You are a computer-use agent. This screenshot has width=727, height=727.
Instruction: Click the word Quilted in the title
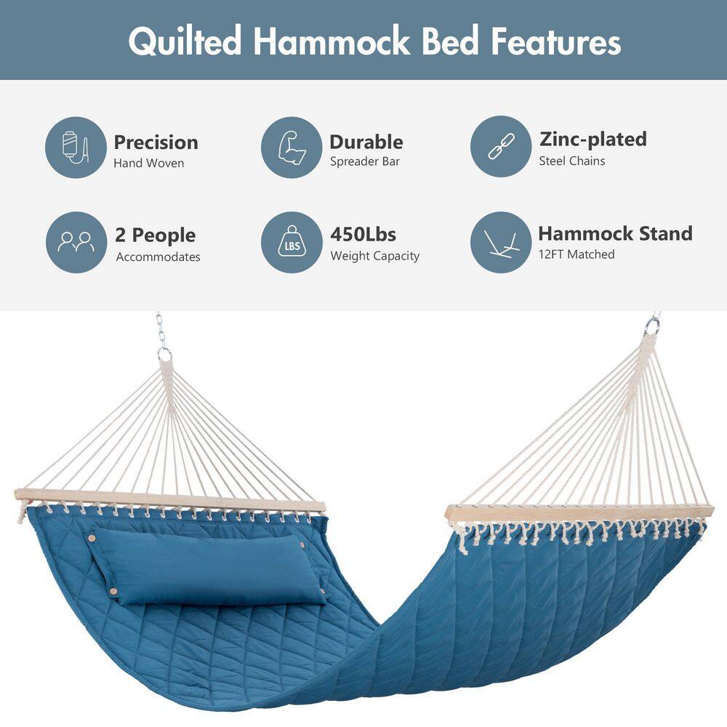[185, 41]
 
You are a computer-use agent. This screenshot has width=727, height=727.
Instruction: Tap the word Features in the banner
[556, 41]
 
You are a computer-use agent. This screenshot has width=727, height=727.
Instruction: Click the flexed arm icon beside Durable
[292, 148]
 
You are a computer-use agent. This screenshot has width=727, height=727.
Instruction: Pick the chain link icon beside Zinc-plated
[501, 147]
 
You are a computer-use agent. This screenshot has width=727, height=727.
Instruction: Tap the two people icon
[76, 242]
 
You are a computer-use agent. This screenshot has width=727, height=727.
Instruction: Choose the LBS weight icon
[292, 242]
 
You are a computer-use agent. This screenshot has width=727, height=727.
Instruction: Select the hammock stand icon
[501, 242]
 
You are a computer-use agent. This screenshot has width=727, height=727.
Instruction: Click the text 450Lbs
[363, 235]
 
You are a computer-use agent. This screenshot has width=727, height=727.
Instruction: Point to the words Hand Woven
[149, 163]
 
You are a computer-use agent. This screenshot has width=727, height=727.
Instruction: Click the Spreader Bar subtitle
[365, 161]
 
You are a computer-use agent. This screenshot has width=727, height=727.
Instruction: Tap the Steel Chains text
[572, 161]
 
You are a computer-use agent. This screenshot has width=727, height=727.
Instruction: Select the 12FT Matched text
[577, 254]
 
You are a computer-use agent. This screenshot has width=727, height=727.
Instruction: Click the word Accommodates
[158, 257]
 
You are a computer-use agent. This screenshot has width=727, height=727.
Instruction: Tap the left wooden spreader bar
[169, 500]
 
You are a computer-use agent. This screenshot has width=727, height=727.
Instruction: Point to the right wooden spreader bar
[579, 513]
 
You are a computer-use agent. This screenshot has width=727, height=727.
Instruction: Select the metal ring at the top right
[652, 326]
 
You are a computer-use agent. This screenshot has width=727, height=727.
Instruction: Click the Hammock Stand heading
[615, 233]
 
